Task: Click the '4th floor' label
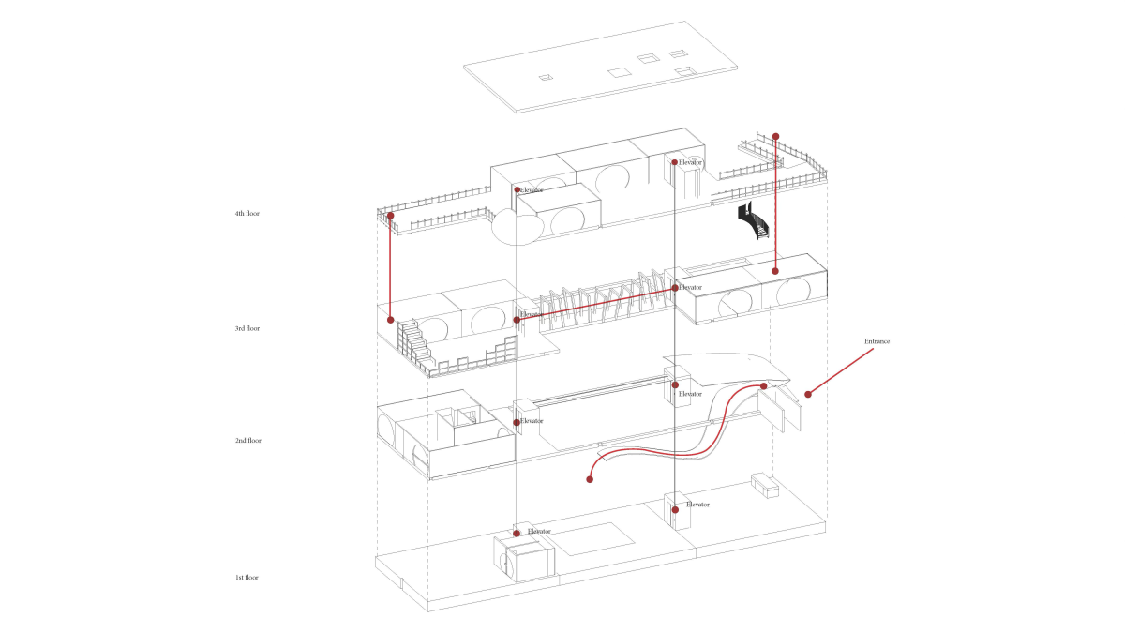click(247, 214)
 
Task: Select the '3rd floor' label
click(247, 329)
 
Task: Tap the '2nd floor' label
click(247, 441)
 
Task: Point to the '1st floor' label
click(247, 578)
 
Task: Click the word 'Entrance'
click(877, 341)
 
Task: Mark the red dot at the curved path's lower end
click(590, 479)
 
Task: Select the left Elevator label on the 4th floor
click(532, 190)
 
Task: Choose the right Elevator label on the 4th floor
click(691, 162)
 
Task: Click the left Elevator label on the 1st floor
click(539, 532)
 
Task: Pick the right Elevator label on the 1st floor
click(697, 505)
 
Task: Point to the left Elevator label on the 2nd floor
click(532, 421)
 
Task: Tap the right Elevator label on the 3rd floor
click(691, 287)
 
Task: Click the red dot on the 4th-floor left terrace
click(391, 216)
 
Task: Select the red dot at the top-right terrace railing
click(775, 136)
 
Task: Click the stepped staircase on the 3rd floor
click(417, 343)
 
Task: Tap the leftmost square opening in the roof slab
click(545, 76)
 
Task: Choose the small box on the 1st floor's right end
click(765, 486)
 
